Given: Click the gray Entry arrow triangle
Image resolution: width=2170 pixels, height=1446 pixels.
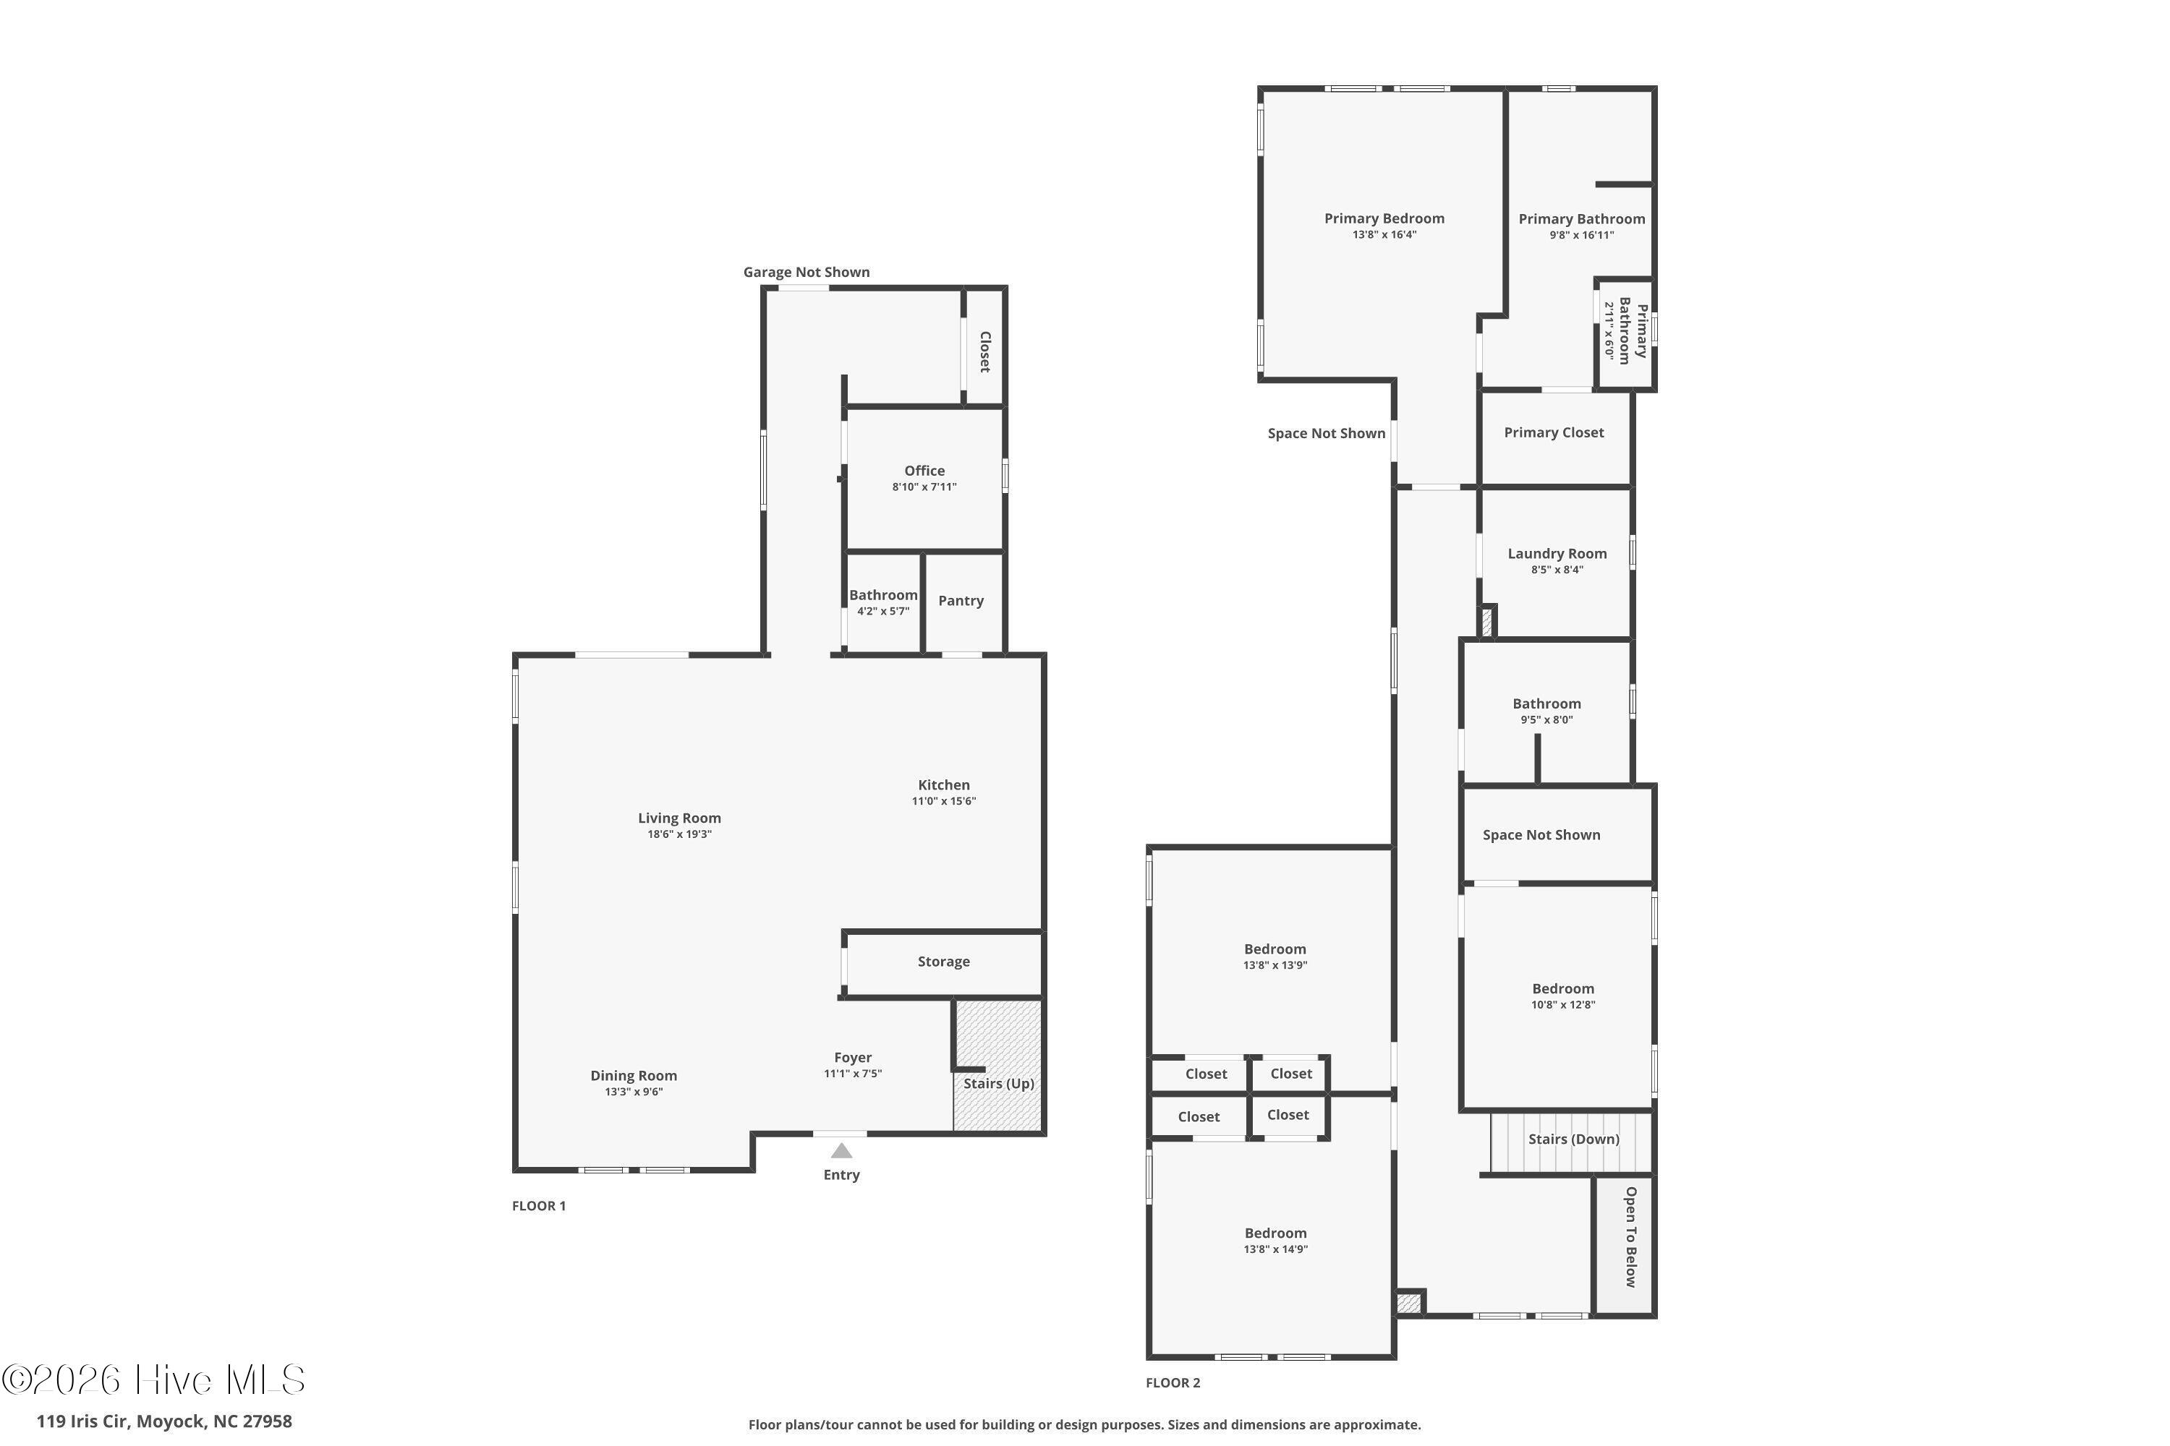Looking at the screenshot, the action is tap(841, 1151).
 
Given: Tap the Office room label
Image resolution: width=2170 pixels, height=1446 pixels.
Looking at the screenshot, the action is tap(924, 471).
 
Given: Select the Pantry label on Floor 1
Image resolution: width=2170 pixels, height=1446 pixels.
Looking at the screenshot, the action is tap(961, 600).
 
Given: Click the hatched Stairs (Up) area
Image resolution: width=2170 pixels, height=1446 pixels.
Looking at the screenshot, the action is tap(998, 1065).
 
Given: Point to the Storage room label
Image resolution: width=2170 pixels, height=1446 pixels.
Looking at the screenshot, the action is tap(943, 961).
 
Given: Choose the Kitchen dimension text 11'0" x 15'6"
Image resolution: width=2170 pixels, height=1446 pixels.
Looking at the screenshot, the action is tap(944, 801).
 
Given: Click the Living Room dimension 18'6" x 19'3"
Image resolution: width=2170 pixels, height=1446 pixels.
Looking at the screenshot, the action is tap(679, 834).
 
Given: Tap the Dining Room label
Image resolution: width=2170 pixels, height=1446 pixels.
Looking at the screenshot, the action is tap(634, 1075).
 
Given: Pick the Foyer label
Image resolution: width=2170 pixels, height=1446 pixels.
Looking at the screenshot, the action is tap(853, 1058).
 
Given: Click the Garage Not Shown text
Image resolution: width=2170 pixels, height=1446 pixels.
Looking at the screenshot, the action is tap(807, 272).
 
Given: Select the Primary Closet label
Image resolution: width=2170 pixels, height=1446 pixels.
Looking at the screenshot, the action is tap(1554, 432).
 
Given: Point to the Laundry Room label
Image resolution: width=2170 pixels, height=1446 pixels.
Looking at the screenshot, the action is tap(1557, 553).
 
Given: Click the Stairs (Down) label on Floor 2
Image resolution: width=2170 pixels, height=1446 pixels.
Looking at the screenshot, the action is tap(1574, 1139).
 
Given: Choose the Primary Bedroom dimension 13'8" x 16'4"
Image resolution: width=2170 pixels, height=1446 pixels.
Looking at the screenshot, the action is tap(1384, 235).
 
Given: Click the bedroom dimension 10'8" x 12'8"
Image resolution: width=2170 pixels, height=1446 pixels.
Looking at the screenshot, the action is tap(1563, 1005).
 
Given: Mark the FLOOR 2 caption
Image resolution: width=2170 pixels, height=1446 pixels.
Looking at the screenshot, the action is tap(1173, 1382).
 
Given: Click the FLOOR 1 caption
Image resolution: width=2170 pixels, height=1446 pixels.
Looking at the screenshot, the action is tap(539, 1205).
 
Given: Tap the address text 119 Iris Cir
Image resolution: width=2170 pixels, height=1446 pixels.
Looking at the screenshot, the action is tap(82, 1421).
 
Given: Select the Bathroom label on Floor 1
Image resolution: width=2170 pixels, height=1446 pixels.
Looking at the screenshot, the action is tap(883, 595).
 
